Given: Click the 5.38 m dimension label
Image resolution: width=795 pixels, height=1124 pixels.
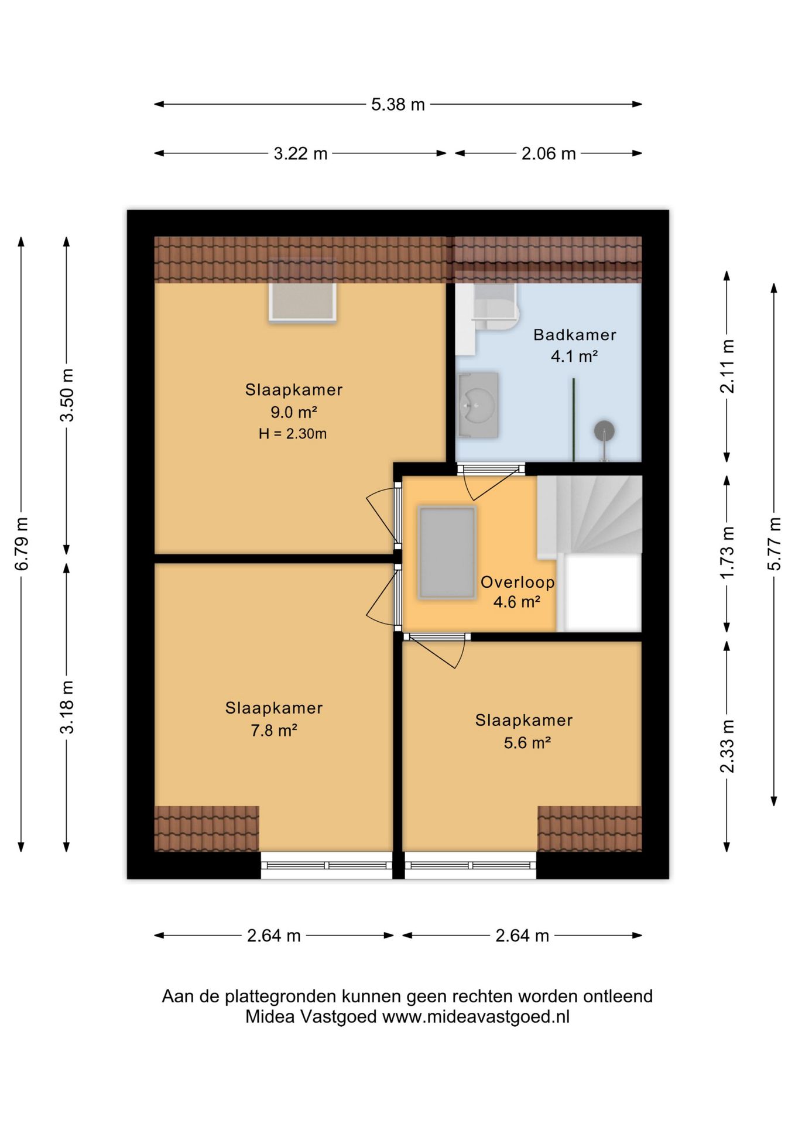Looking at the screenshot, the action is point(397,105).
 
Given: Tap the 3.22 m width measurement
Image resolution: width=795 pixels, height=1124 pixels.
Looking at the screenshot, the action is point(300,154).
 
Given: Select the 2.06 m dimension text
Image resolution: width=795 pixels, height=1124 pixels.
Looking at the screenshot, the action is point(549,154).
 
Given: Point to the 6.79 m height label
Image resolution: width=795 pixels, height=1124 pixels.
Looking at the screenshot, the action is point(22,544).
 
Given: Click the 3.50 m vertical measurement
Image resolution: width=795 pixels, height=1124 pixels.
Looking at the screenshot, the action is point(67,395).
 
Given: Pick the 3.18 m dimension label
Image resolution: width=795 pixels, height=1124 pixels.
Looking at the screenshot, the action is point(67,707).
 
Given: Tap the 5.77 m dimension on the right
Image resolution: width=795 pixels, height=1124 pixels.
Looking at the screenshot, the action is point(775,544).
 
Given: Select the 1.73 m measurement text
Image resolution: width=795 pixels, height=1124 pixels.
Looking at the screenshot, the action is point(727,553).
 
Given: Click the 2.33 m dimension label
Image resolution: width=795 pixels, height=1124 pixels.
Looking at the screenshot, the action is point(727,746).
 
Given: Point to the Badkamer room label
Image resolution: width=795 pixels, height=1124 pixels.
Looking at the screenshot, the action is point(574,335).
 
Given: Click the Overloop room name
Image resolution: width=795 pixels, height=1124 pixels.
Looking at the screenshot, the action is point(518,582).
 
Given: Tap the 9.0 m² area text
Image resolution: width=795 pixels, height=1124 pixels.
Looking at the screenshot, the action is point(293,412).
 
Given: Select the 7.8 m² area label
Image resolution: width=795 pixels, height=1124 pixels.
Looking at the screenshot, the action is point(274,731).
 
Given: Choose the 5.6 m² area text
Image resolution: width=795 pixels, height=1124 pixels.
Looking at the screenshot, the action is point(527,743).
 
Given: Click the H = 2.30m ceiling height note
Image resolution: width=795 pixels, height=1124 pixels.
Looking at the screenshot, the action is point(293,434).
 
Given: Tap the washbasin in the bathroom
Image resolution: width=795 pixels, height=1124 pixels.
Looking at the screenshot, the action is point(478,405).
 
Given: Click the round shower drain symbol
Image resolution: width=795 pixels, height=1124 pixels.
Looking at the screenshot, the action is point(604,431).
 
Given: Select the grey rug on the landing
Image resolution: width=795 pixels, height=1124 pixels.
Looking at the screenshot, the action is point(447,553).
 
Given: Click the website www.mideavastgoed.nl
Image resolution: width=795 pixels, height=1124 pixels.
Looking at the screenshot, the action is point(476,1017).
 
